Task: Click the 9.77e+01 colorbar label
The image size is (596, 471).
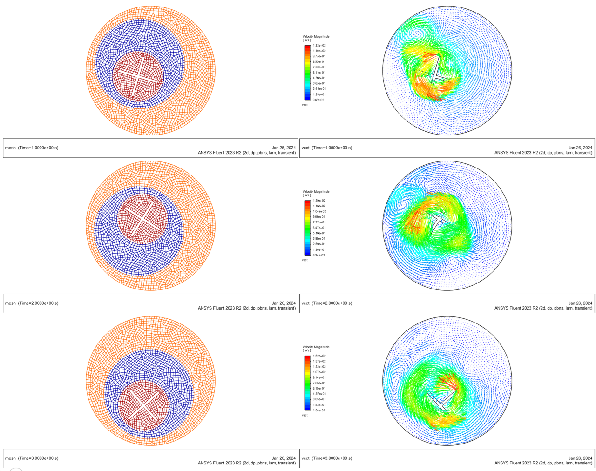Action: click(x=319, y=56)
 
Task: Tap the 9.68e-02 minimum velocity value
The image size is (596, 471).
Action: click(x=319, y=100)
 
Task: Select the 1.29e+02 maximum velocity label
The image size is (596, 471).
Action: click(x=319, y=201)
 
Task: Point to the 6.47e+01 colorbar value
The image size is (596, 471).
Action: click(x=319, y=228)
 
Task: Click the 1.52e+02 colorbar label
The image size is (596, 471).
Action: click(x=319, y=356)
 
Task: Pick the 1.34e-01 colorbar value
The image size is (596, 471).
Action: click(x=319, y=410)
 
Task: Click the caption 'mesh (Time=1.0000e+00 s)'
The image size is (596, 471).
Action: click(x=32, y=148)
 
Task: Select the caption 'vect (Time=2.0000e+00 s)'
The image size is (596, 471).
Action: click(x=327, y=303)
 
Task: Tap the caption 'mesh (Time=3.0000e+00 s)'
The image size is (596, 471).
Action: click(x=32, y=458)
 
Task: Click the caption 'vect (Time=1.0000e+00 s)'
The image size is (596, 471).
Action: click(x=327, y=148)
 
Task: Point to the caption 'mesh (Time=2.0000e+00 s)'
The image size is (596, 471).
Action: click(x=32, y=303)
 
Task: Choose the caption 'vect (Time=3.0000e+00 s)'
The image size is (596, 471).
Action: click(x=327, y=458)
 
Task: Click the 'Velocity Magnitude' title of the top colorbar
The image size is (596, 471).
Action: click(x=316, y=36)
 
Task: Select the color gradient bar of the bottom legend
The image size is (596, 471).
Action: click(x=307, y=383)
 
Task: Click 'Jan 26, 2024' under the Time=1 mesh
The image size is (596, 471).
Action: click(x=284, y=148)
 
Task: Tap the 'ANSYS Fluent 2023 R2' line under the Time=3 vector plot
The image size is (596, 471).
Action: click(x=543, y=463)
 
